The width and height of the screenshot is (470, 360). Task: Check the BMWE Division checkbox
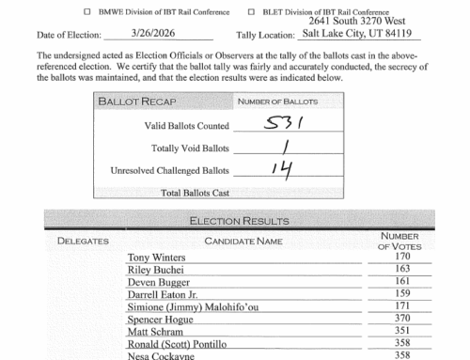click(87, 12)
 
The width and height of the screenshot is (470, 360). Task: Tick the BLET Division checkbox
click(252, 12)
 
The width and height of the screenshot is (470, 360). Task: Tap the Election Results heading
click(235, 222)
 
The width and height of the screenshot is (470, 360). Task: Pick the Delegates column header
click(84, 242)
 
